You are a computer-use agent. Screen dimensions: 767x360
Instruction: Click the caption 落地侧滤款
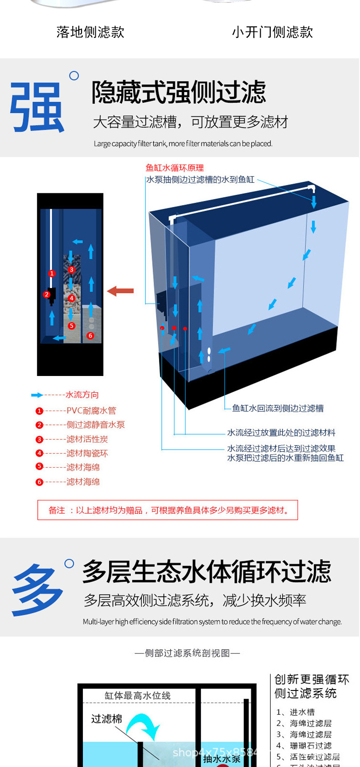90,32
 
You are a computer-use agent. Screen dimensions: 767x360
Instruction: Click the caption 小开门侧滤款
272,32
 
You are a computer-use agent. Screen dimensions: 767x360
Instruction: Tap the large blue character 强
37,108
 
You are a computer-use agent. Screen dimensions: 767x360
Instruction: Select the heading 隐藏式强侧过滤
179,93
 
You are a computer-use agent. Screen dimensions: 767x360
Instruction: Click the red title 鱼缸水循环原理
175,168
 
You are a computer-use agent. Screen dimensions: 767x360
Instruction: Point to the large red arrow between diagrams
120,291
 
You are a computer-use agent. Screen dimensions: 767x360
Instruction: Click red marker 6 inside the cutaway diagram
90,335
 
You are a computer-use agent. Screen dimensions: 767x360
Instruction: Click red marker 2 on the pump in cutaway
46,294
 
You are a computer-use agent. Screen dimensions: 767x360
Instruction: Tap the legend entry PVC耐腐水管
91,411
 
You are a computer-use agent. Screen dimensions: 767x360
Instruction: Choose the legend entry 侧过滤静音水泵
95,425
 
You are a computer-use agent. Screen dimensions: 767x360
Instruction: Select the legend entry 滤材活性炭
87,439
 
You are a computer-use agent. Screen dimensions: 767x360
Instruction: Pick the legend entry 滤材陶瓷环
87,453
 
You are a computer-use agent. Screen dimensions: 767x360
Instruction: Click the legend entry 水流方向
82,395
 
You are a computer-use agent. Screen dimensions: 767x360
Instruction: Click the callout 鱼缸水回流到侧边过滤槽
278,408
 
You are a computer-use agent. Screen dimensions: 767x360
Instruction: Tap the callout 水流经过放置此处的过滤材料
281,432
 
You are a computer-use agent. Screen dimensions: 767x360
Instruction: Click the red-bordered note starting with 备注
167,510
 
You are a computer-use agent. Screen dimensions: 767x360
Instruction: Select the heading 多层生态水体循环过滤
206,572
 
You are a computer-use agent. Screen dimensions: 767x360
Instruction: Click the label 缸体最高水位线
137,695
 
